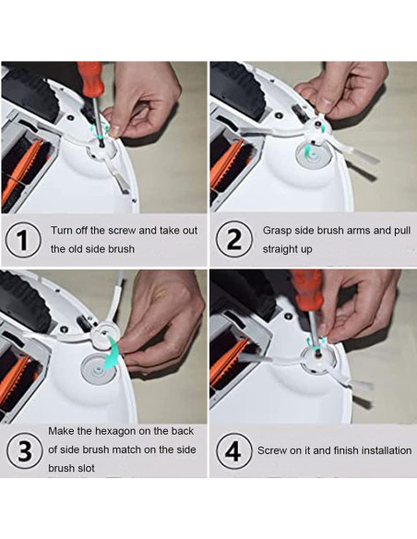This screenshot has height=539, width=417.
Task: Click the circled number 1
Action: pos(23,240)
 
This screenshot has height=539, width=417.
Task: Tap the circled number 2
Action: pos(234,239)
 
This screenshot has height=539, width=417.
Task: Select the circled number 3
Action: pos(24,450)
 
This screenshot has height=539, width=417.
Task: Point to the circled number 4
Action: pos(233,450)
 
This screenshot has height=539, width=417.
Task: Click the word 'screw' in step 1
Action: pos(124,230)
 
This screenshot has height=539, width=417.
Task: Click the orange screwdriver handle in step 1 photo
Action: pos(90,78)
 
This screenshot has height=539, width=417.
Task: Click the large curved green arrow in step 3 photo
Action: pos(111,353)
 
